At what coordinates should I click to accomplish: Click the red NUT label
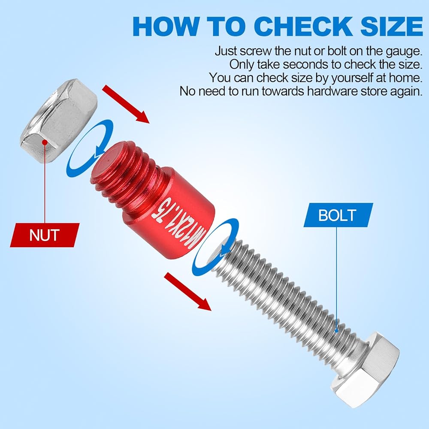click(45, 235)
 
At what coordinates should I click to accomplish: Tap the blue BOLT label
click(338, 215)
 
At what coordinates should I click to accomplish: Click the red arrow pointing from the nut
click(126, 104)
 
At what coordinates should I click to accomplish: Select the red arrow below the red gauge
click(188, 292)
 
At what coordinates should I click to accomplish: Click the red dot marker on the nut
click(45, 142)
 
